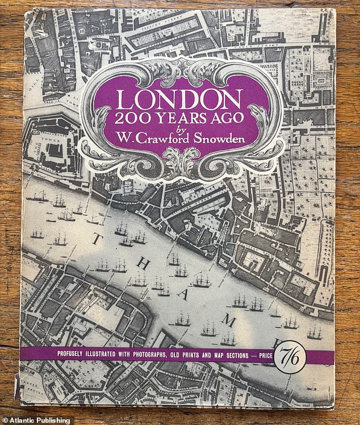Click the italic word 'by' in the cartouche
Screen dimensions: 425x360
(x=181, y=130)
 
